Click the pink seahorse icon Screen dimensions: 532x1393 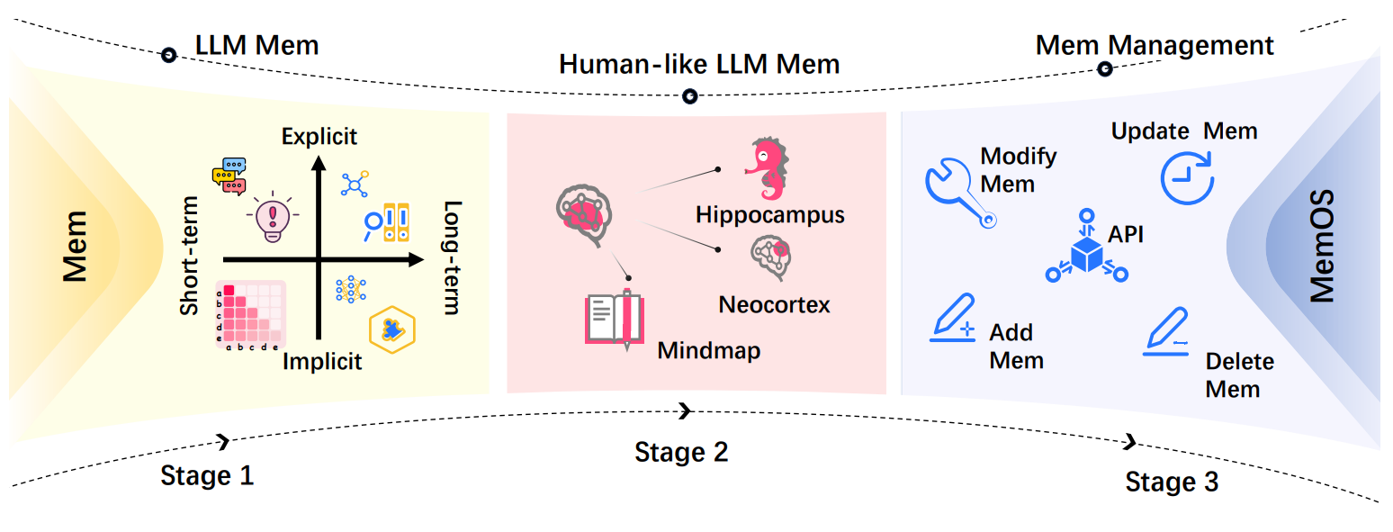click(x=767, y=169)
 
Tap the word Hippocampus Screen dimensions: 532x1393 click(x=770, y=215)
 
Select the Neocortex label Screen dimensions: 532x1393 click(x=774, y=304)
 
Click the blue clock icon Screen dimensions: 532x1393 click(x=1187, y=176)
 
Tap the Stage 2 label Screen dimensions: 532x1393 click(x=681, y=451)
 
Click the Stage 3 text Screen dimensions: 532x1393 click(x=1172, y=482)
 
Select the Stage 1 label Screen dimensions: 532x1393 click(x=207, y=474)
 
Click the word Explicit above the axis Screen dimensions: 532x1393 click(x=319, y=137)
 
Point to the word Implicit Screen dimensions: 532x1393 click(x=322, y=362)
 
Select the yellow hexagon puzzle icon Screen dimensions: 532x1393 click(x=392, y=329)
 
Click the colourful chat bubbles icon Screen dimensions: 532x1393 click(x=229, y=176)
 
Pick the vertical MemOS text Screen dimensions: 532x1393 click(x=1320, y=246)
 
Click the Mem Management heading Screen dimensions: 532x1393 click(x=1155, y=46)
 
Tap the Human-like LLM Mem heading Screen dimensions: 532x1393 click(x=699, y=65)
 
